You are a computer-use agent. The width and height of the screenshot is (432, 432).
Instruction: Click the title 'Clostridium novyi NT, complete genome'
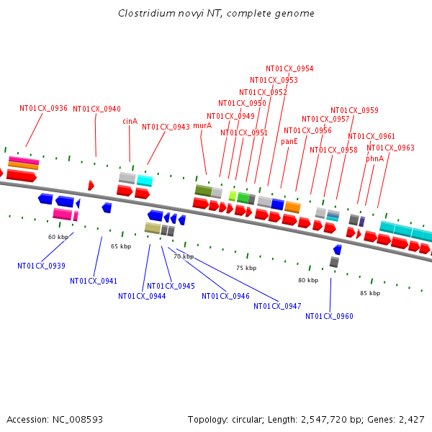(216, 14)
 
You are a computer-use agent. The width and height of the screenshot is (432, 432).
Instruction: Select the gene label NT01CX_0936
(43, 109)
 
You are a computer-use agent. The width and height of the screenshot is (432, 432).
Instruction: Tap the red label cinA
(130, 121)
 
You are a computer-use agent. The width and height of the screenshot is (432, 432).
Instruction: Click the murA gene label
(202, 125)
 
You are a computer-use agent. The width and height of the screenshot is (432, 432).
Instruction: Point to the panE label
(289, 142)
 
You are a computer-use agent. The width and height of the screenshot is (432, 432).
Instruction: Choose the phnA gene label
(374, 158)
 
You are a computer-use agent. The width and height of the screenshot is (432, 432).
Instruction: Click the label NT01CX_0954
(289, 69)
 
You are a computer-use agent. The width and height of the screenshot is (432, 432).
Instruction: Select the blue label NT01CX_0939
(41, 266)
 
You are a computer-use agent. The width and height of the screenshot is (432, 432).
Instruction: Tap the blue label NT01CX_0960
(329, 316)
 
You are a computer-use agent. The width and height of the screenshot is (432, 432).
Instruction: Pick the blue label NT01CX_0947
(277, 306)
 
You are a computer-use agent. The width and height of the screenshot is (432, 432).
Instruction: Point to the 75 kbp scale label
(246, 268)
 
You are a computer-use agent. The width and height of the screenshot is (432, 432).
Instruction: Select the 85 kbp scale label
(370, 293)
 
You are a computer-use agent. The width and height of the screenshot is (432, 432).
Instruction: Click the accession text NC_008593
(79, 419)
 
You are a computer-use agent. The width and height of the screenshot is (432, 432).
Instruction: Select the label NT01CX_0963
(390, 148)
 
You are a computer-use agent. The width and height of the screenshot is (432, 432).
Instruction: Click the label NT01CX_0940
(96, 109)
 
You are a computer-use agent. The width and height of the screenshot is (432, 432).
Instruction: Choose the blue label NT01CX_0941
(94, 281)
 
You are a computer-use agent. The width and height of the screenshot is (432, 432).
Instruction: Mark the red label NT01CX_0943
(166, 127)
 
